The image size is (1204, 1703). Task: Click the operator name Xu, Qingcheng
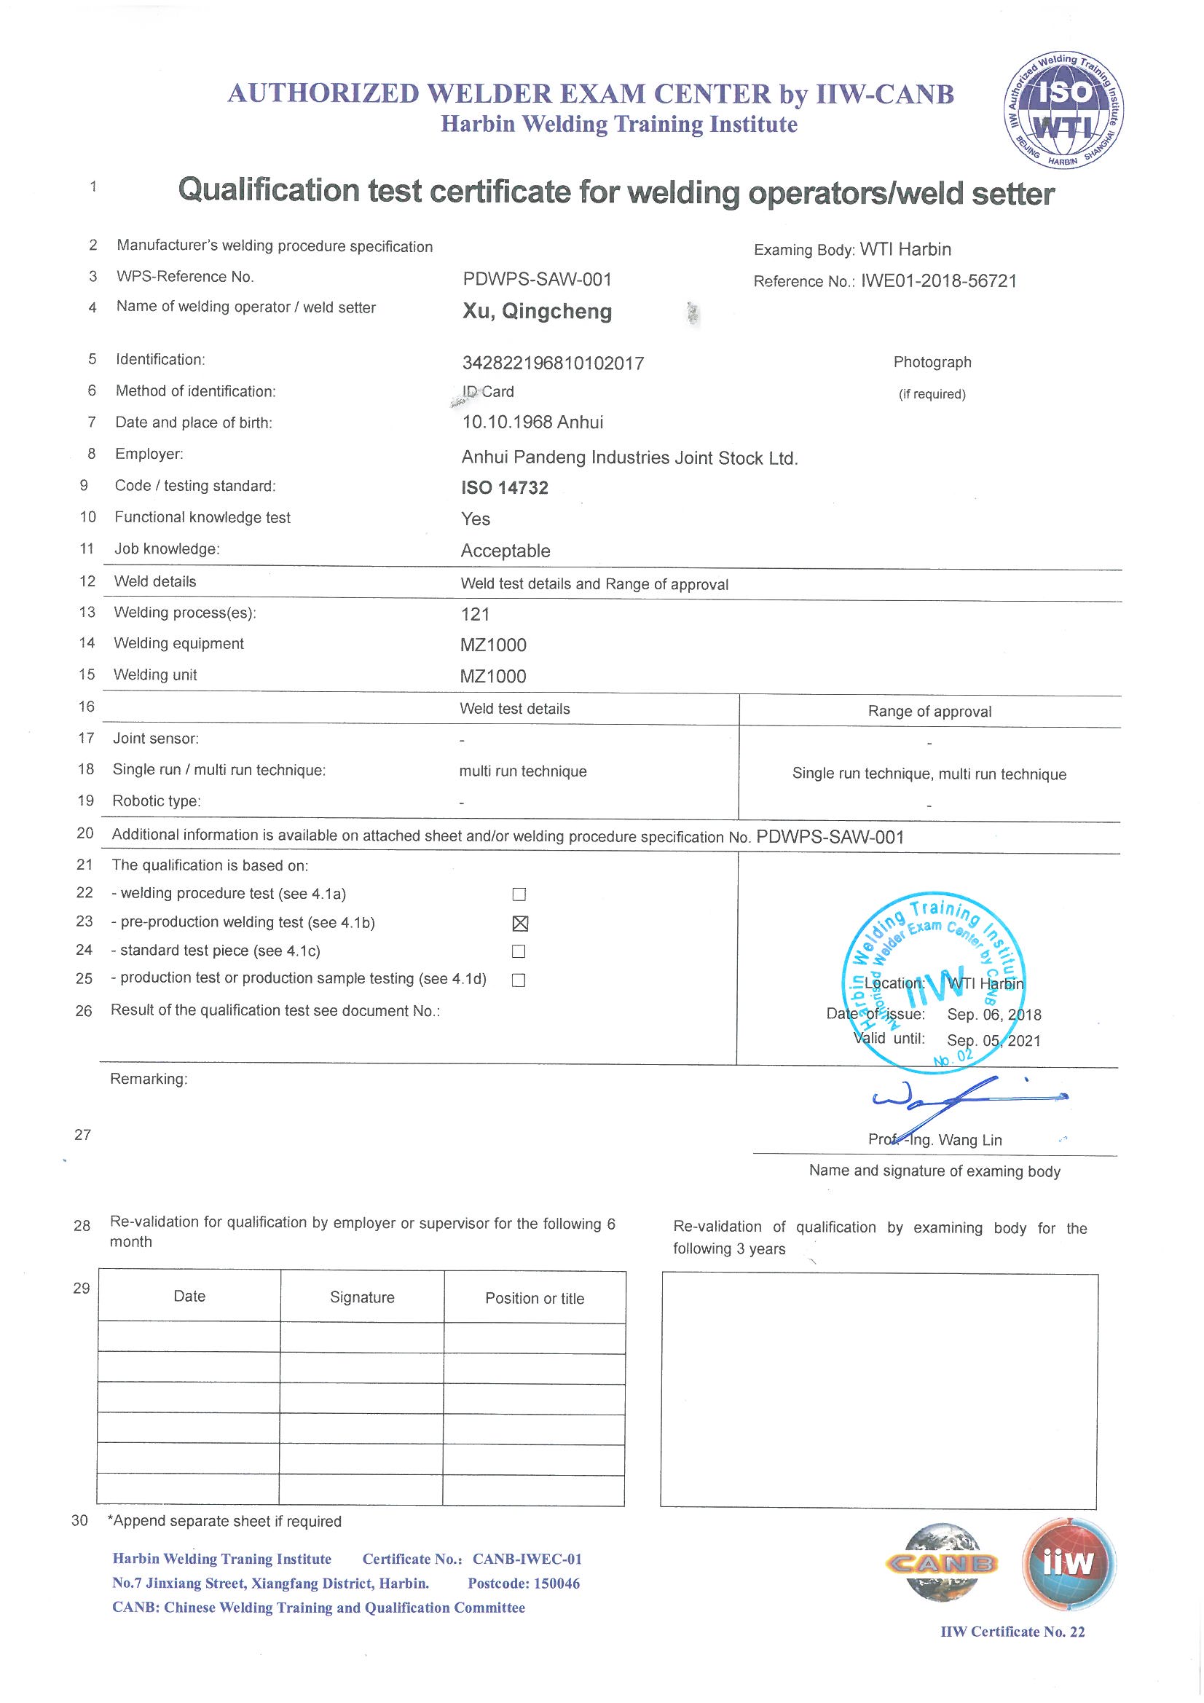pos(537,312)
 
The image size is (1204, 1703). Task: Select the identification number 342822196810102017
pos(553,363)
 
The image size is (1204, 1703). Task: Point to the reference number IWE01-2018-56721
pos(937,281)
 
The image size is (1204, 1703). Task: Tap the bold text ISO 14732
pos(505,487)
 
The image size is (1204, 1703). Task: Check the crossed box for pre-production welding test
pos(520,924)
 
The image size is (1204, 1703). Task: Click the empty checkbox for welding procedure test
pos(519,894)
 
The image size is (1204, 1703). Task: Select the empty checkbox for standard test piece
pos(519,951)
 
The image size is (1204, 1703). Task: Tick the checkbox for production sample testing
pos(519,980)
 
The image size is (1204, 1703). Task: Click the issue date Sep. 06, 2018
pos(994,1015)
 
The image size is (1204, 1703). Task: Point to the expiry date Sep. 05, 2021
pos(994,1041)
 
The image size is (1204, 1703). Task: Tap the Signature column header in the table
pos(362,1297)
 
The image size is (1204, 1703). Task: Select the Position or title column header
pos(534,1299)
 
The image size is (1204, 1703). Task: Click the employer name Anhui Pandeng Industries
pos(629,458)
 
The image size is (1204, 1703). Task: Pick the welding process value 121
pos(475,614)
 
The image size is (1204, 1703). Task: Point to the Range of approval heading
pos(929,712)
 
